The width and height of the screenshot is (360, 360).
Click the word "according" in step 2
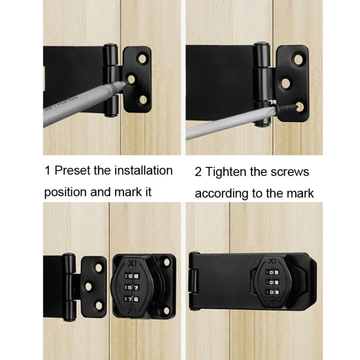click(x=219, y=193)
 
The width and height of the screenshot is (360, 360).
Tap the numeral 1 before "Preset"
click(x=47, y=170)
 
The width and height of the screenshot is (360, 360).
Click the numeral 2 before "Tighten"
click(x=198, y=172)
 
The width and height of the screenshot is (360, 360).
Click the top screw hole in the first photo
click(x=142, y=59)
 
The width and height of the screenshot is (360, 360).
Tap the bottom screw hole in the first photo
click(x=143, y=99)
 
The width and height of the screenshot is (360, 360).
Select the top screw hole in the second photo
click(x=299, y=60)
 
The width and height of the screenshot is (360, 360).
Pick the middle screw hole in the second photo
click(x=286, y=83)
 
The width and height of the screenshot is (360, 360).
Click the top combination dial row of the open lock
click(x=132, y=276)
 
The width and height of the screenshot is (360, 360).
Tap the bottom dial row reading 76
click(x=132, y=299)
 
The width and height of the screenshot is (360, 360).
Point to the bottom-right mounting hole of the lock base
click(x=167, y=310)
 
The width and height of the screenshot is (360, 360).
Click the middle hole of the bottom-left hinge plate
click(x=88, y=286)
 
